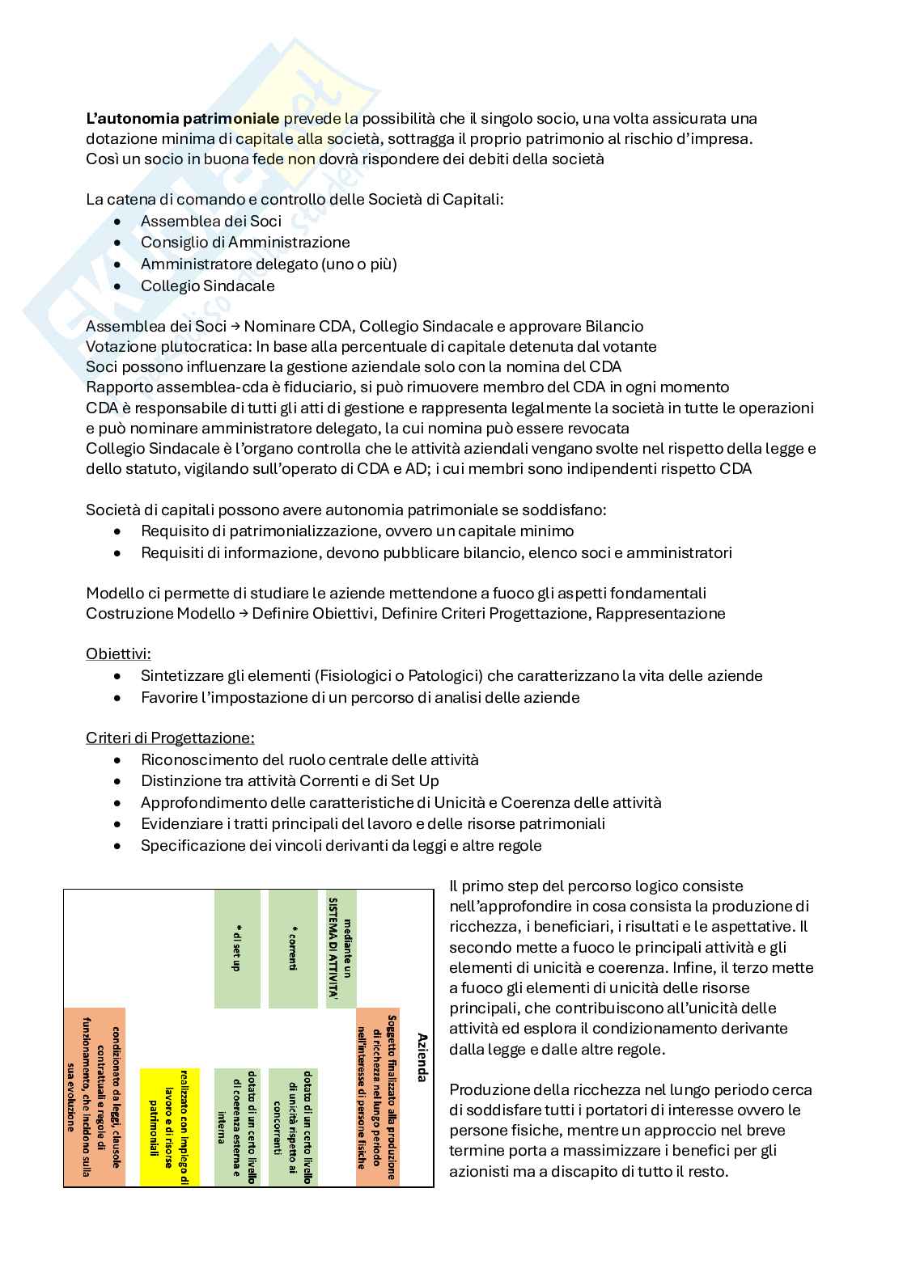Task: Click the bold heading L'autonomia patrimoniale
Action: [182, 119]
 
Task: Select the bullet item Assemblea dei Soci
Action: [210, 221]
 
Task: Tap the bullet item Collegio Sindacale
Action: [207, 285]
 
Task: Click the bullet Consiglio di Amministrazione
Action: [244, 243]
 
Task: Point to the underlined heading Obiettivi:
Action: [118, 653]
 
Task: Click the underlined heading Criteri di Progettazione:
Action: [170, 738]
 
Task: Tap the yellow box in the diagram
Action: [169, 1127]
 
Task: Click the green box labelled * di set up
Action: [237, 949]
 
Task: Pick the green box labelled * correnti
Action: [293, 949]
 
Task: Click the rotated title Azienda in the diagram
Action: [422, 1056]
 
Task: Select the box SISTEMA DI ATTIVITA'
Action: [341, 949]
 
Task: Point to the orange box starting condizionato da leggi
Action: [95, 1097]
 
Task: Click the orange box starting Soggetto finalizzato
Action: [379, 1097]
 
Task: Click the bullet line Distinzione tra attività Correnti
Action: [290, 781]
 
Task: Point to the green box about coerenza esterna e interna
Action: [237, 1127]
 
